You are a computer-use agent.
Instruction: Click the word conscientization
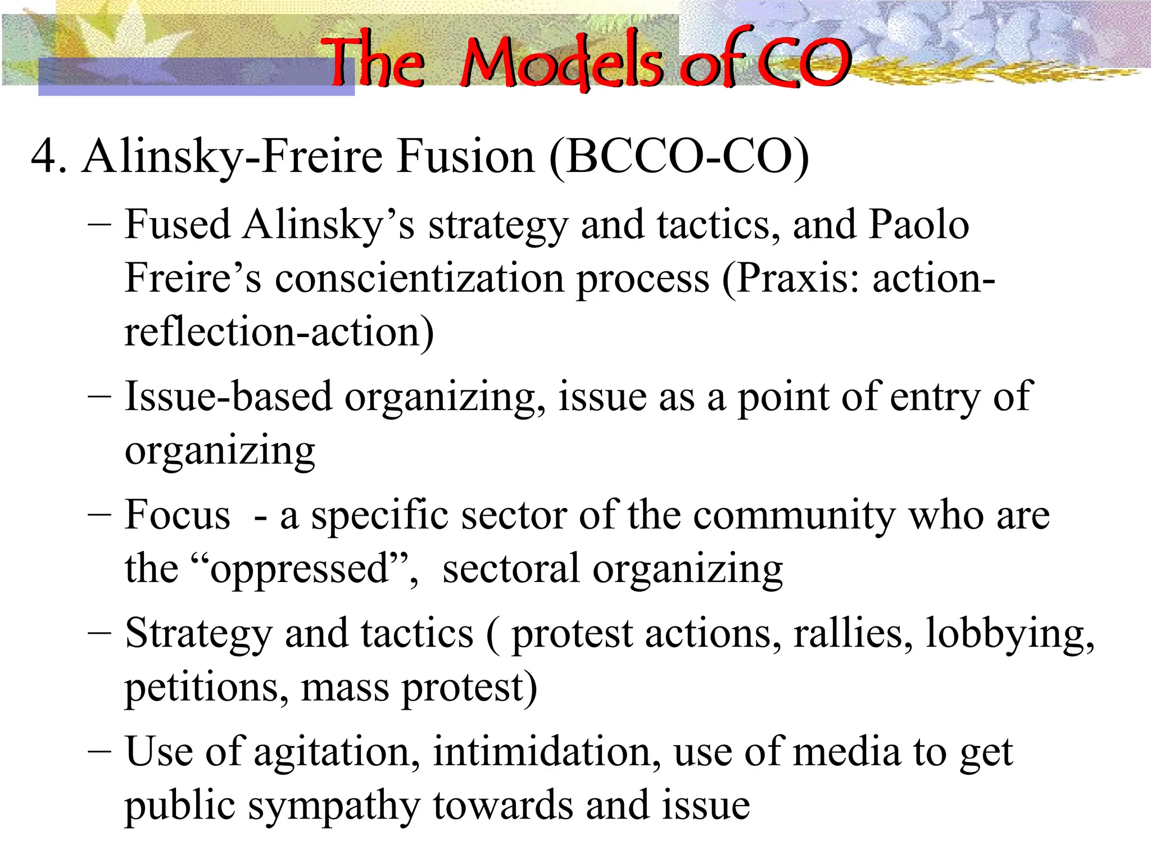(419, 278)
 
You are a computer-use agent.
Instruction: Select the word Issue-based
(228, 397)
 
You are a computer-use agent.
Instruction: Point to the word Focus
(178, 515)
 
